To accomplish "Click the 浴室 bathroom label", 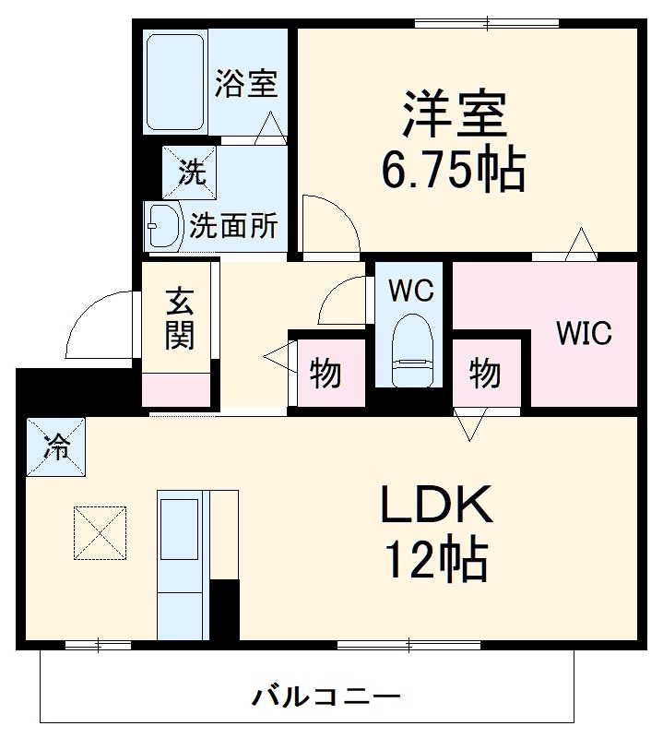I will pos(245,84).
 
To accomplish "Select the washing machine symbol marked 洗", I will pos(190,172).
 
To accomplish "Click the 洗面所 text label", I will pos(234,225).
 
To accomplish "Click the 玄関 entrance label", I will pos(180,319).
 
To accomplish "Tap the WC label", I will pos(410,292).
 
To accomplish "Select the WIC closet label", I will pos(583,334).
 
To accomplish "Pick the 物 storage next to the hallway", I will pos(325,374).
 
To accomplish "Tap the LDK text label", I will pos(434,505).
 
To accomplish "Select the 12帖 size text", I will pos(436,557).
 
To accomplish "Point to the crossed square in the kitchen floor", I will pos(99,532).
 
